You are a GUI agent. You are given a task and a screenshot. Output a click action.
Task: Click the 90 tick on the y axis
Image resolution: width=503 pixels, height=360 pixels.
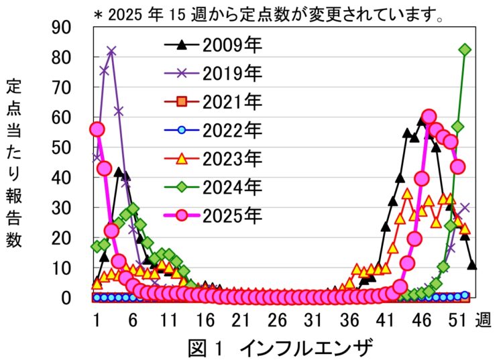coord(71,27)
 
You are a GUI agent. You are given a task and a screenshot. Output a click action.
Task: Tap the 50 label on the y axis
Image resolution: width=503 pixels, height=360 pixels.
coord(71,147)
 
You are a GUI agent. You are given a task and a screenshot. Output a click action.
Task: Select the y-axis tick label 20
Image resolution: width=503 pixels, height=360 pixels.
coord(71,237)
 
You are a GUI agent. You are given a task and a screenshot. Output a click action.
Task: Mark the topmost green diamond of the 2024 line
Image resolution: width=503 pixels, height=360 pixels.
coord(465,50)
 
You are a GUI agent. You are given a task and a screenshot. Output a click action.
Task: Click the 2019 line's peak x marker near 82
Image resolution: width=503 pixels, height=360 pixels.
coord(111,51)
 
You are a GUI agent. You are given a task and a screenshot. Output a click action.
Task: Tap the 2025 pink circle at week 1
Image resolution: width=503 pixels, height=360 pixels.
coord(97,129)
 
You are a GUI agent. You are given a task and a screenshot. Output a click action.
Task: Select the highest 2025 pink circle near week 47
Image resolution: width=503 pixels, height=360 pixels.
coord(429,117)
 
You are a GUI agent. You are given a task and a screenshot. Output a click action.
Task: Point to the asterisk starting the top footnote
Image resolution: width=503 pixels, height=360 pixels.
coord(97,13)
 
